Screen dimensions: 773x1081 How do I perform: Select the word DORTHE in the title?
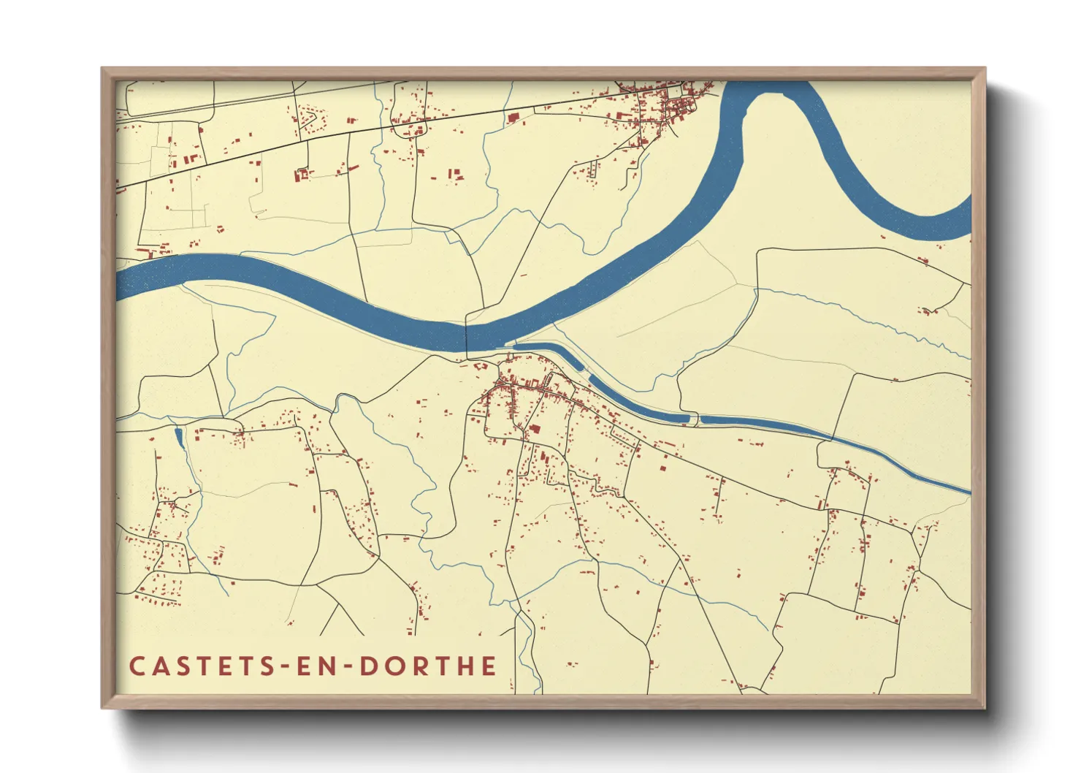[429, 666]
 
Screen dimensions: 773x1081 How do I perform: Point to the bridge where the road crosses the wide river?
[467, 337]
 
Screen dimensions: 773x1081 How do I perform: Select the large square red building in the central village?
[535, 429]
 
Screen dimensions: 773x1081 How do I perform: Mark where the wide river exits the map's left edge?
[119, 283]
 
